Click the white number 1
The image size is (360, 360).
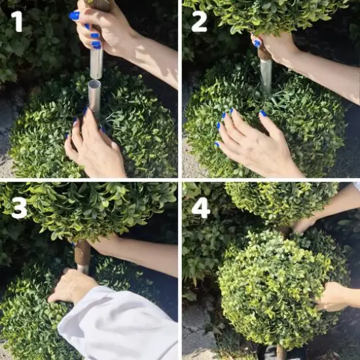[x=16, y=22]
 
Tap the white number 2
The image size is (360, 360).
[x=199, y=22]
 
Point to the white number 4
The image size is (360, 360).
[x=200, y=207]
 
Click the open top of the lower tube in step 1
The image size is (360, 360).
[x=95, y=84]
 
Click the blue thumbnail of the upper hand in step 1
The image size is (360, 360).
[x=75, y=15]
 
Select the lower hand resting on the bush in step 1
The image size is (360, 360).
[x=95, y=147]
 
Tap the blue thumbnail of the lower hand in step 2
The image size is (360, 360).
[x=263, y=113]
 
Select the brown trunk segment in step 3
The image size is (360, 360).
[x=82, y=254]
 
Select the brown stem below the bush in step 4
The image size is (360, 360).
[x=281, y=352]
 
